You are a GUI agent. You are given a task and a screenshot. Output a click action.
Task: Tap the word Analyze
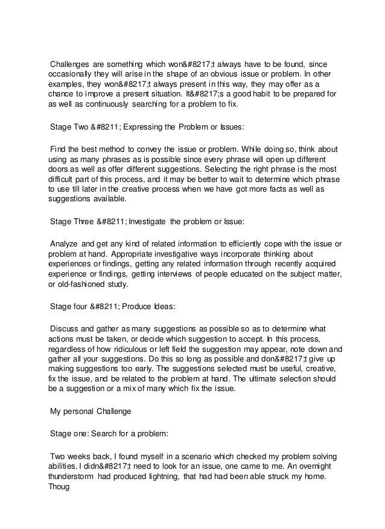65,243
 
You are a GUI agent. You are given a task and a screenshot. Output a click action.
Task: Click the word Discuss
66,328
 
